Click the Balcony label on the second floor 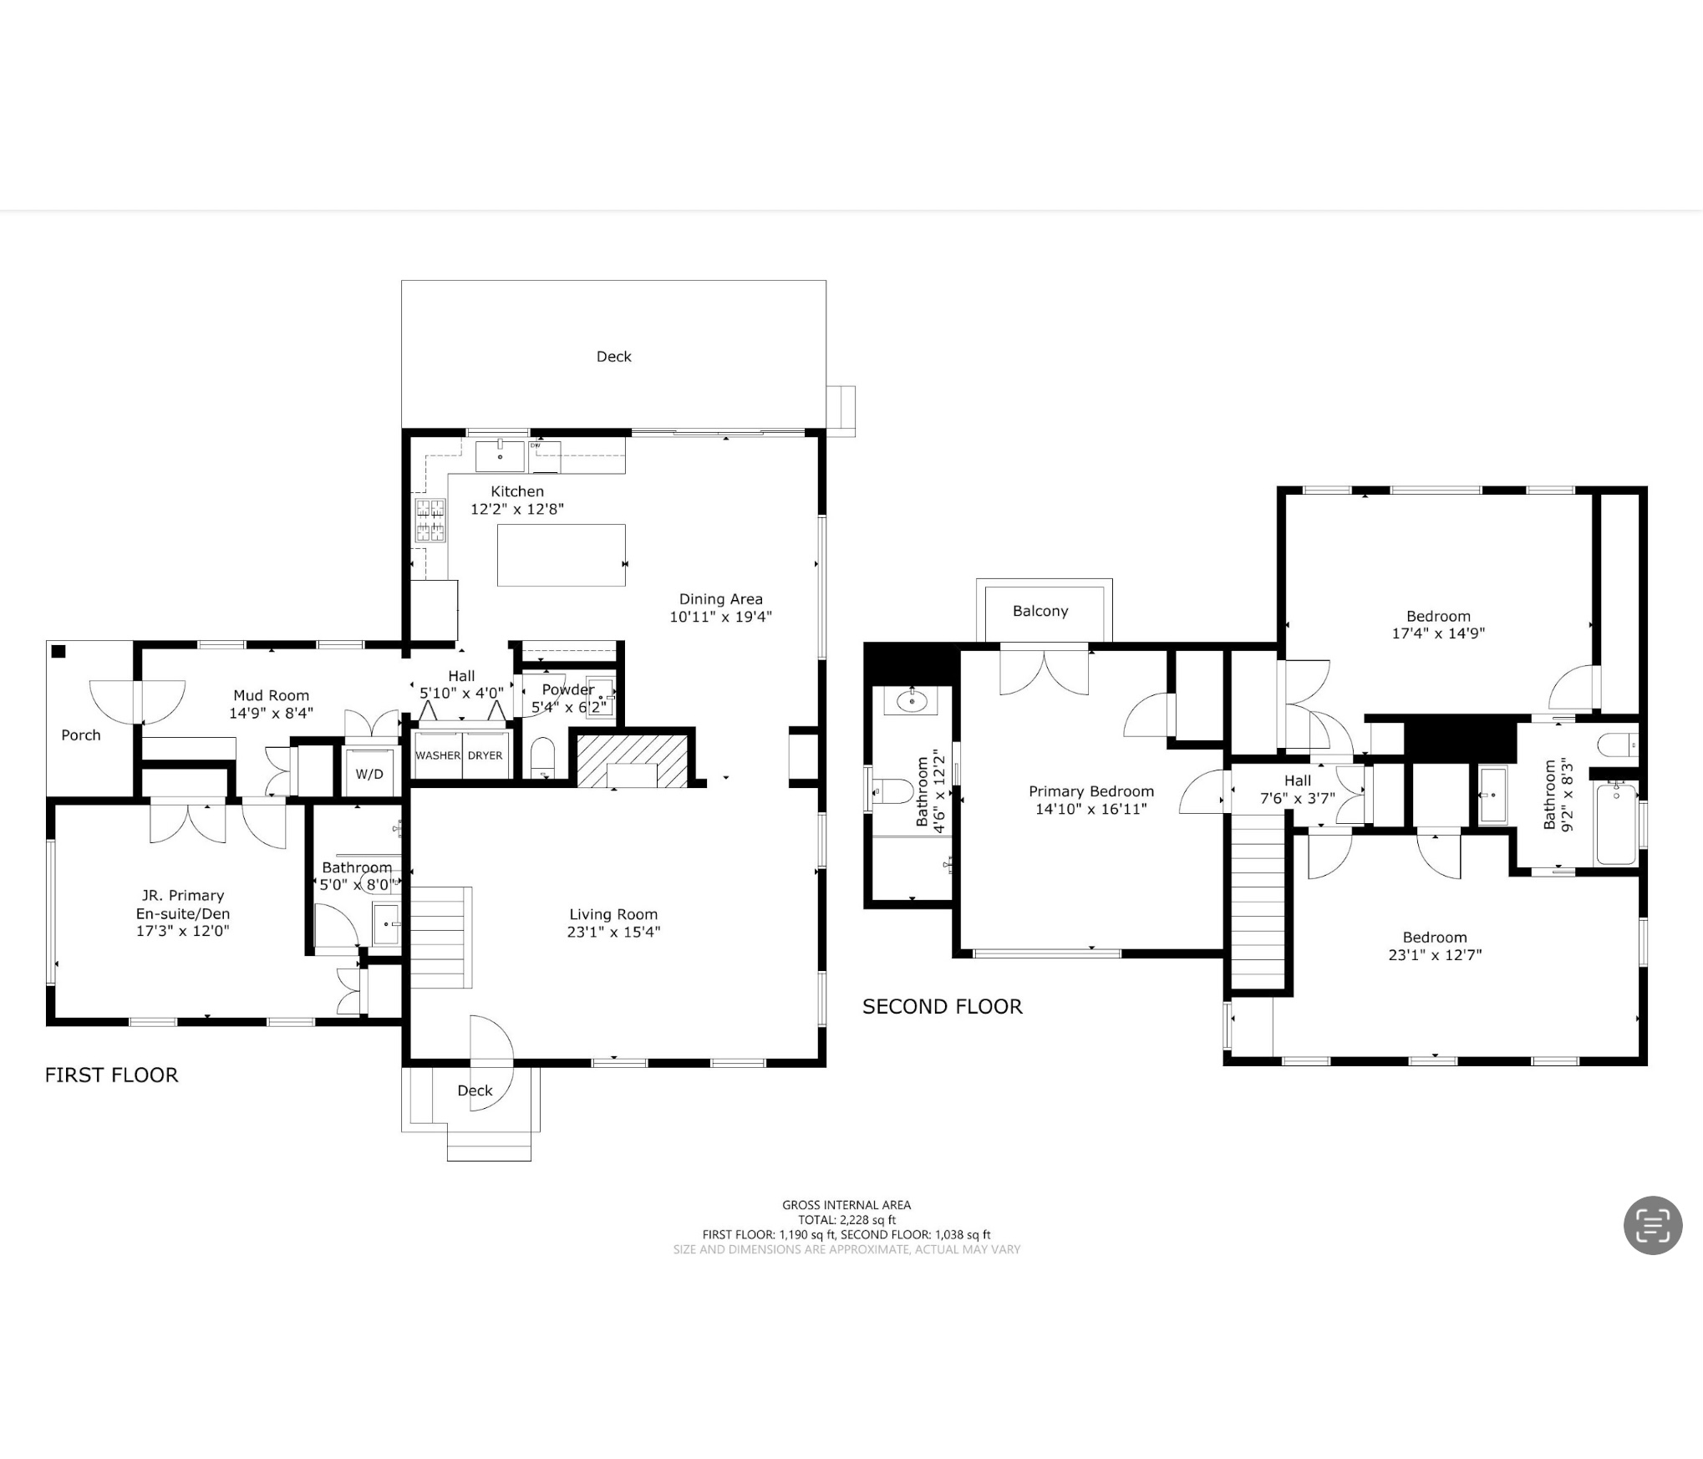coord(1040,611)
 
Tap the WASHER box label coord(438,755)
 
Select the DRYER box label coord(485,755)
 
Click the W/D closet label coord(369,774)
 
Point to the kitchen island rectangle coord(562,555)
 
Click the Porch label coord(81,735)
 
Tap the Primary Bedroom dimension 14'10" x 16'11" coord(1091,809)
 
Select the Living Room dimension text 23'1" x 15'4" coord(613,932)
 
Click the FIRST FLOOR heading coord(112,1075)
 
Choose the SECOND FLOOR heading coord(943,1006)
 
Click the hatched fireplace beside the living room coord(633,760)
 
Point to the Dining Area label coord(721,599)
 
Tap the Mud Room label coord(272,695)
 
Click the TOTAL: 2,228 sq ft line coord(846,1220)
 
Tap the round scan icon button coord(1653,1225)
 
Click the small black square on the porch coord(58,652)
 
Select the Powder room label coord(568,690)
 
